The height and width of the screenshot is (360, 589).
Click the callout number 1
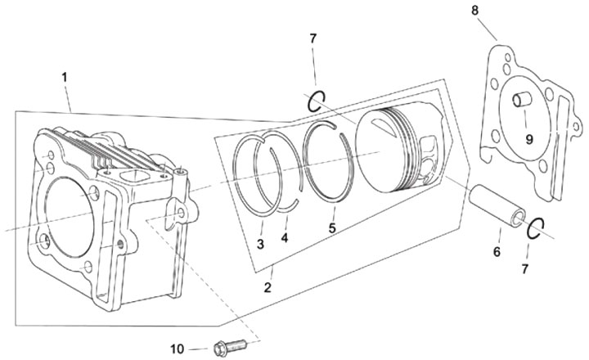(65, 78)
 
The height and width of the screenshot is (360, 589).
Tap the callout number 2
(268, 288)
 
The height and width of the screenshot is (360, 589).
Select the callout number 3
(260, 245)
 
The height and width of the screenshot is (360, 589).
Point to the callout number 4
(285, 238)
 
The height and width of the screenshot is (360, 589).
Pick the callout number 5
(331, 227)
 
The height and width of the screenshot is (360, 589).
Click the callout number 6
(497, 252)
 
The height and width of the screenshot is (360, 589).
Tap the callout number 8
(475, 11)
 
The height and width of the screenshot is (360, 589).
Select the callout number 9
(529, 140)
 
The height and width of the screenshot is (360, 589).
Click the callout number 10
(178, 349)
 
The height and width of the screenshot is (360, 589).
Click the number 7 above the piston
(312, 38)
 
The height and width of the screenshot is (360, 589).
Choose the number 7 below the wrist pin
(524, 269)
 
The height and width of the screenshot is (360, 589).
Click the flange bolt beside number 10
(230, 346)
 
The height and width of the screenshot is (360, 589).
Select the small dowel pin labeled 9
(522, 100)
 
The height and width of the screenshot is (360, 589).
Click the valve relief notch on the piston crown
(383, 124)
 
